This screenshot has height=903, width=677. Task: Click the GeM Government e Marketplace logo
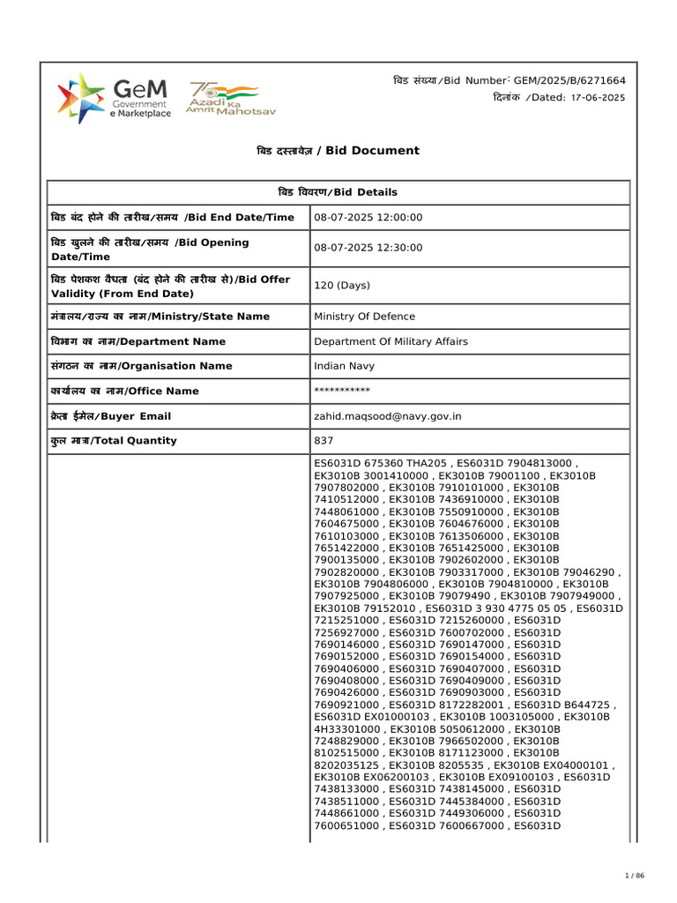point(114,98)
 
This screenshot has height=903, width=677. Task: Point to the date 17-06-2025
point(598,98)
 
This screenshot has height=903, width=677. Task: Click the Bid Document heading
point(338,151)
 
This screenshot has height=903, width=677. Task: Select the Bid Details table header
point(338,192)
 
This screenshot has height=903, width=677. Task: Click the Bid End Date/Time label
point(172,218)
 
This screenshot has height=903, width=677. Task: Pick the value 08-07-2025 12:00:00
point(368,218)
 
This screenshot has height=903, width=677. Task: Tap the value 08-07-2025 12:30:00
point(368,249)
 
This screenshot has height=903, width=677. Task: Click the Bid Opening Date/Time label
point(150,249)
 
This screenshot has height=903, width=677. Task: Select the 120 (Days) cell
point(342,286)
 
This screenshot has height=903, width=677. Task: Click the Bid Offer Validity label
point(170,286)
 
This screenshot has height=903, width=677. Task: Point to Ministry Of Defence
point(364,317)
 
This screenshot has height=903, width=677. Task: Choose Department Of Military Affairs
point(391,341)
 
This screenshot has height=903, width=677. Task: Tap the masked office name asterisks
point(342,391)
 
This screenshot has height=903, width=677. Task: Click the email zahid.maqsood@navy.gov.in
point(388,416)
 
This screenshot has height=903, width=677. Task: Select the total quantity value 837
point(324,441)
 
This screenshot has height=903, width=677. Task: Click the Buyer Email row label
point(111,416)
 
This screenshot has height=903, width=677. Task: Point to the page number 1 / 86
point(635,875)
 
